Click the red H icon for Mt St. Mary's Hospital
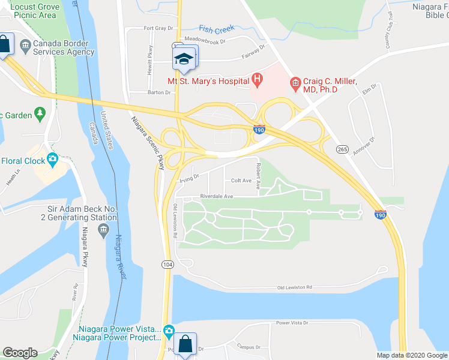pos(257,78)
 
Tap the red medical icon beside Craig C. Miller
pos(295,82)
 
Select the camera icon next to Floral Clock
pos(53,160)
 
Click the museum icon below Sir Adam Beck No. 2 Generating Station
pos(104,229)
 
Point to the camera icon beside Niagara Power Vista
pos(169,331)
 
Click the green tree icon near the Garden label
pos(40,112)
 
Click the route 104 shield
pos(167,265)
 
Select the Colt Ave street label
pos(241,180)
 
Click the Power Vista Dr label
pos(291,323)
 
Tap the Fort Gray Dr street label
pos(158,28)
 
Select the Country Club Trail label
pos(389,30)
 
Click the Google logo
pos(20,353)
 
